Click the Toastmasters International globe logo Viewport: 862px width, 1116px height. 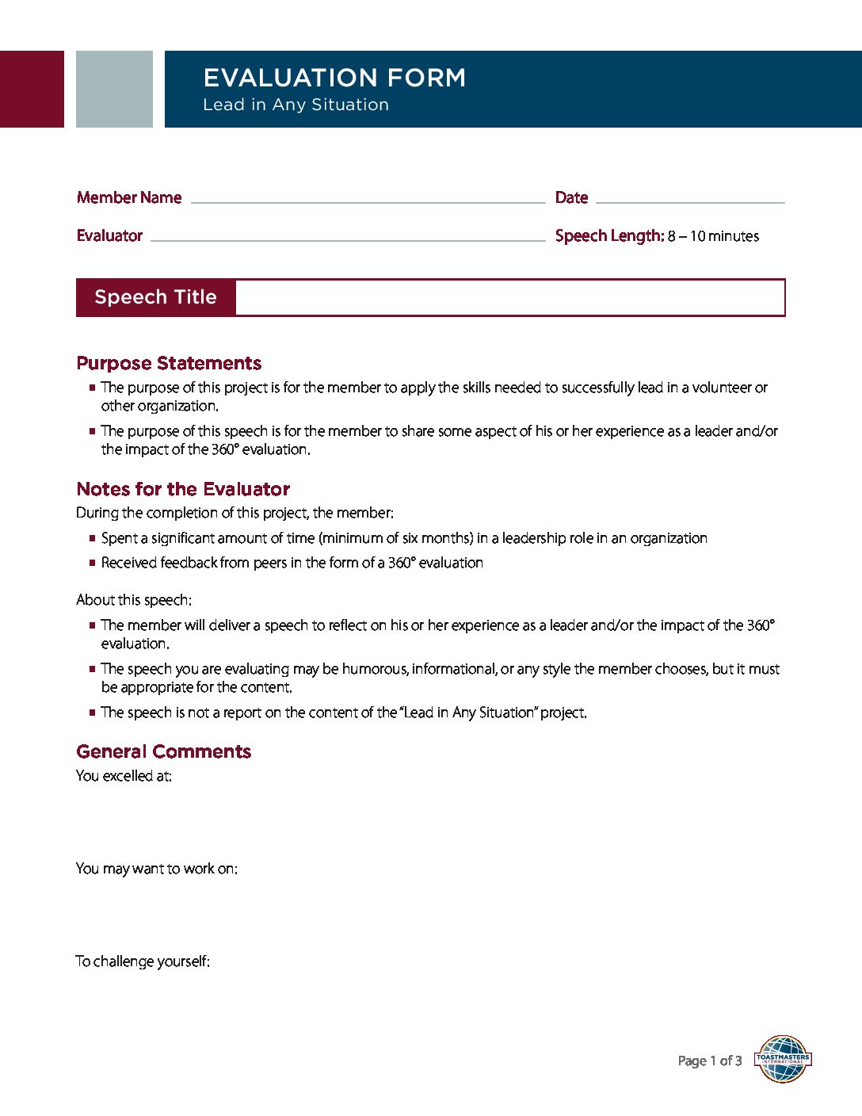point(783,1059)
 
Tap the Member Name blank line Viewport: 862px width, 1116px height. point(368,201)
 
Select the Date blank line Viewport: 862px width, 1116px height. point(689,201)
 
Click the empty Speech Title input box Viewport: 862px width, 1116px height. point(509,297)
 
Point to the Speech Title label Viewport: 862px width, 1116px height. point(155,297)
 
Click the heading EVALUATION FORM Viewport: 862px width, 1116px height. point(334,78)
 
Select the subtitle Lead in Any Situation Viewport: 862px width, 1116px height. point(296,105)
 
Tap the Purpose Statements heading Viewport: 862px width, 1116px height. point(169,363)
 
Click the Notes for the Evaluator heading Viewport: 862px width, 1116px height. point(183,489)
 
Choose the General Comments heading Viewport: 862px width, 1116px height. point(163,751)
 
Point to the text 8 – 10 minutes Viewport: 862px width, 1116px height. point(713,236)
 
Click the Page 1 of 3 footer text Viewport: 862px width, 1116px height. point(710,1061)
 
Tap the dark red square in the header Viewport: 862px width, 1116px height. point(32,89)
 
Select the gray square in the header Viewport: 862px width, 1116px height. point(114,89)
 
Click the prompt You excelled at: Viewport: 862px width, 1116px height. point(124,776)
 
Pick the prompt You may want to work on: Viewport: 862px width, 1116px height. point(156,869)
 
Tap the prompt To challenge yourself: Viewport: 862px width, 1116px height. point(143,961)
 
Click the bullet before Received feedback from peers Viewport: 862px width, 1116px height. point(93,563)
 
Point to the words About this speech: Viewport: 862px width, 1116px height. point(134,600)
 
